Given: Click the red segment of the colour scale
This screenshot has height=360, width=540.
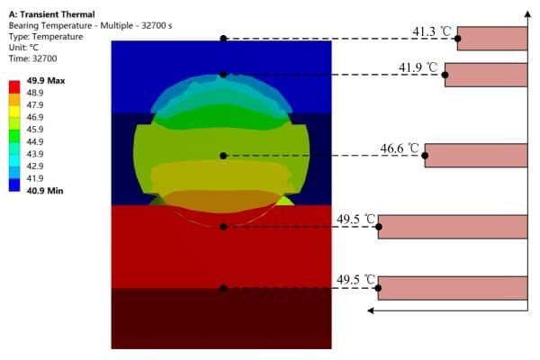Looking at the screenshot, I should coord(13,85).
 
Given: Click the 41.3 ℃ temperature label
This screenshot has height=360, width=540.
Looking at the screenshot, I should coord(429,32).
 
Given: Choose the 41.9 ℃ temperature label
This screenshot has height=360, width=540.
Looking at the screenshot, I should coord(418,67).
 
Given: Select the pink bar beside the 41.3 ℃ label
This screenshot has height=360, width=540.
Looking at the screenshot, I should coord(491,39).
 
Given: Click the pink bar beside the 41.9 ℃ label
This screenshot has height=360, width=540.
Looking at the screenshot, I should coord(486,75).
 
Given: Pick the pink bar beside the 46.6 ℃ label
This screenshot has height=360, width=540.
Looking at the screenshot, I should coord(475,156).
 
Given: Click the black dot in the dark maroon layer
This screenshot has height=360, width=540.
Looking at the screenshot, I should coord(223,288).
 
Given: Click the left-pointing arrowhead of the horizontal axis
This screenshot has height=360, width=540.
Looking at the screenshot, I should coord(371,310).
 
